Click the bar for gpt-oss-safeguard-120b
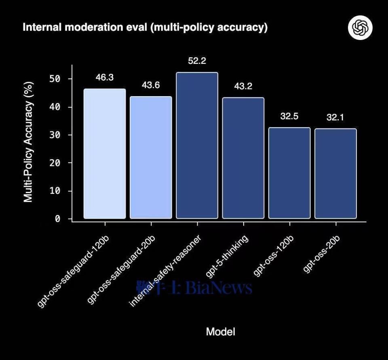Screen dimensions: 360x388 point(105,154)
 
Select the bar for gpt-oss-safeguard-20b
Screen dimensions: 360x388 point(151,158)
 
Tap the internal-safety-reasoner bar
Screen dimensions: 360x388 point(197,145)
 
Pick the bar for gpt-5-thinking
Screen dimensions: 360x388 point(243,158)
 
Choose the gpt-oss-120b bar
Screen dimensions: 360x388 point(289,173)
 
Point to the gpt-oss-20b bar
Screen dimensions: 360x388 point(335,174)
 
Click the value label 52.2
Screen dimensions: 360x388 point(197,61)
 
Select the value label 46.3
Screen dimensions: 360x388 point(105,78)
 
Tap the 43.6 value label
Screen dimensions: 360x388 point(151,85)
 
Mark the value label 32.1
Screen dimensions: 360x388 point(335,118)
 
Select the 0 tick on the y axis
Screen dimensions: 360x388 point(58,219)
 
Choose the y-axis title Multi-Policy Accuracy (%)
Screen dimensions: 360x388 point(28,141)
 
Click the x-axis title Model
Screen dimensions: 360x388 point(220,332)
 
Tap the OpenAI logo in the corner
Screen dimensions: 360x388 point(360,28)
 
